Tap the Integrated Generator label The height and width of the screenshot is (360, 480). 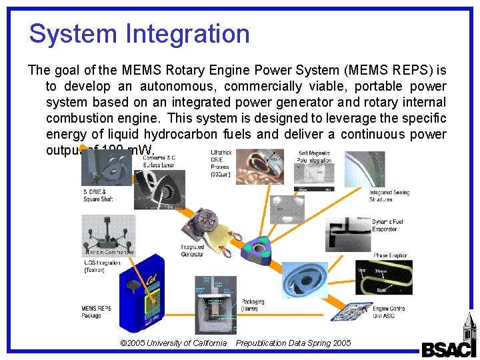pyautogui.click(x=193, y=250)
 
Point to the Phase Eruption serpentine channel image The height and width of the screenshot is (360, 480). pyautogui.click(x=383, y=277)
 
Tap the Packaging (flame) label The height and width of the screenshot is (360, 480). pyautogui.click(x=253, y=305)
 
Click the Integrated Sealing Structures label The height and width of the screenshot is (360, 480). pyautogui.click(x=389, y=195)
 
